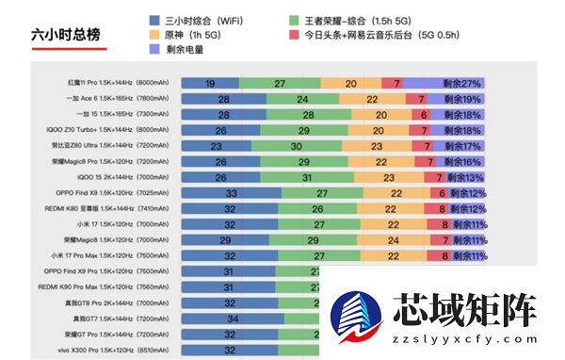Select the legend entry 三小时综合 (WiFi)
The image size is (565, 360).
coord(197,19)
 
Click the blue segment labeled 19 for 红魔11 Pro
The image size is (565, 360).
coord(209,84)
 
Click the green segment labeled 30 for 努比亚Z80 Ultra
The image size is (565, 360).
coord(296,146)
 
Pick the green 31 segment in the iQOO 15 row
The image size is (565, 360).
coord(308,177)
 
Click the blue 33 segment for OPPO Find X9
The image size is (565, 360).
coord(231,193)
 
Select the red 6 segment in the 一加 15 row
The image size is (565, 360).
coord(424,115)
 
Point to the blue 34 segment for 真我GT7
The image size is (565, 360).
coord(232,319)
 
